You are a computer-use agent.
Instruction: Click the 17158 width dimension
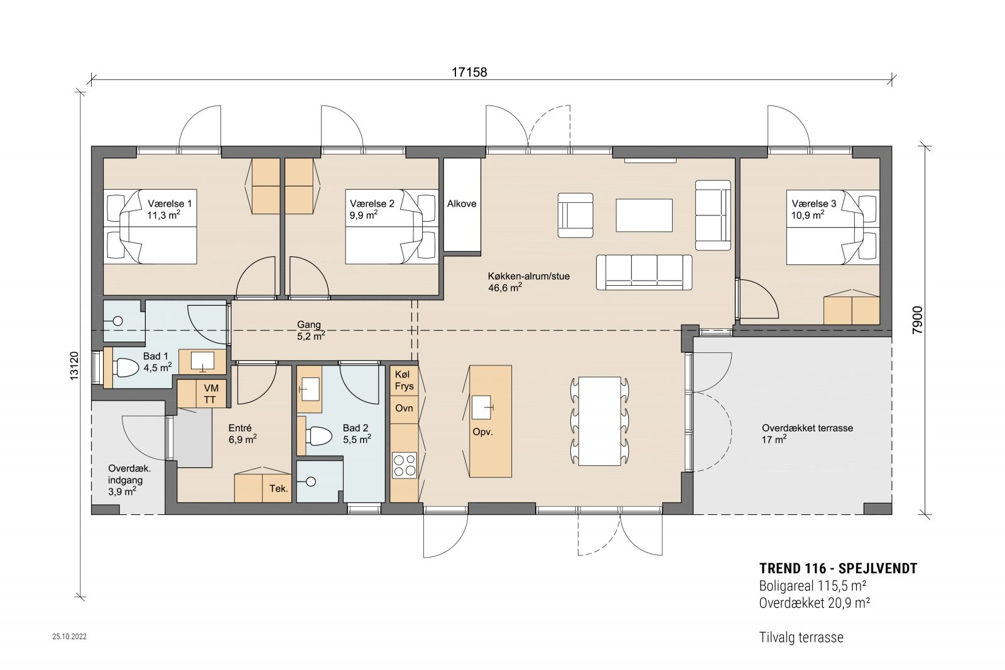coord(469,72)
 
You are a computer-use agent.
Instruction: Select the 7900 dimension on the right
coord(918,320)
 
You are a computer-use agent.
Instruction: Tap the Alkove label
coord(462,203)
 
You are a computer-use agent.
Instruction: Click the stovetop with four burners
coord(404,465)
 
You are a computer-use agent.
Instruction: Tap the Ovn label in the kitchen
coord(404,408)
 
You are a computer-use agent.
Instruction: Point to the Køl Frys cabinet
coord(404,380)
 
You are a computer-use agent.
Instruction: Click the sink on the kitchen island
coord(482,407)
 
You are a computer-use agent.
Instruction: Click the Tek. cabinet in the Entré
coord(278,489)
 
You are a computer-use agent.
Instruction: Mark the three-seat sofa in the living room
coord(644,272)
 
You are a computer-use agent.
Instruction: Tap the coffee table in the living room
coord(644,215)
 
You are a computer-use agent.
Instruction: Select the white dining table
coord(599,421)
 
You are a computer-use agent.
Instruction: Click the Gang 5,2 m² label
coord(310,330)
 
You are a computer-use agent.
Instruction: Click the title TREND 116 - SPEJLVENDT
coord(838,569)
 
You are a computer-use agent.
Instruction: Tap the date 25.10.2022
coord(69,637)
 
